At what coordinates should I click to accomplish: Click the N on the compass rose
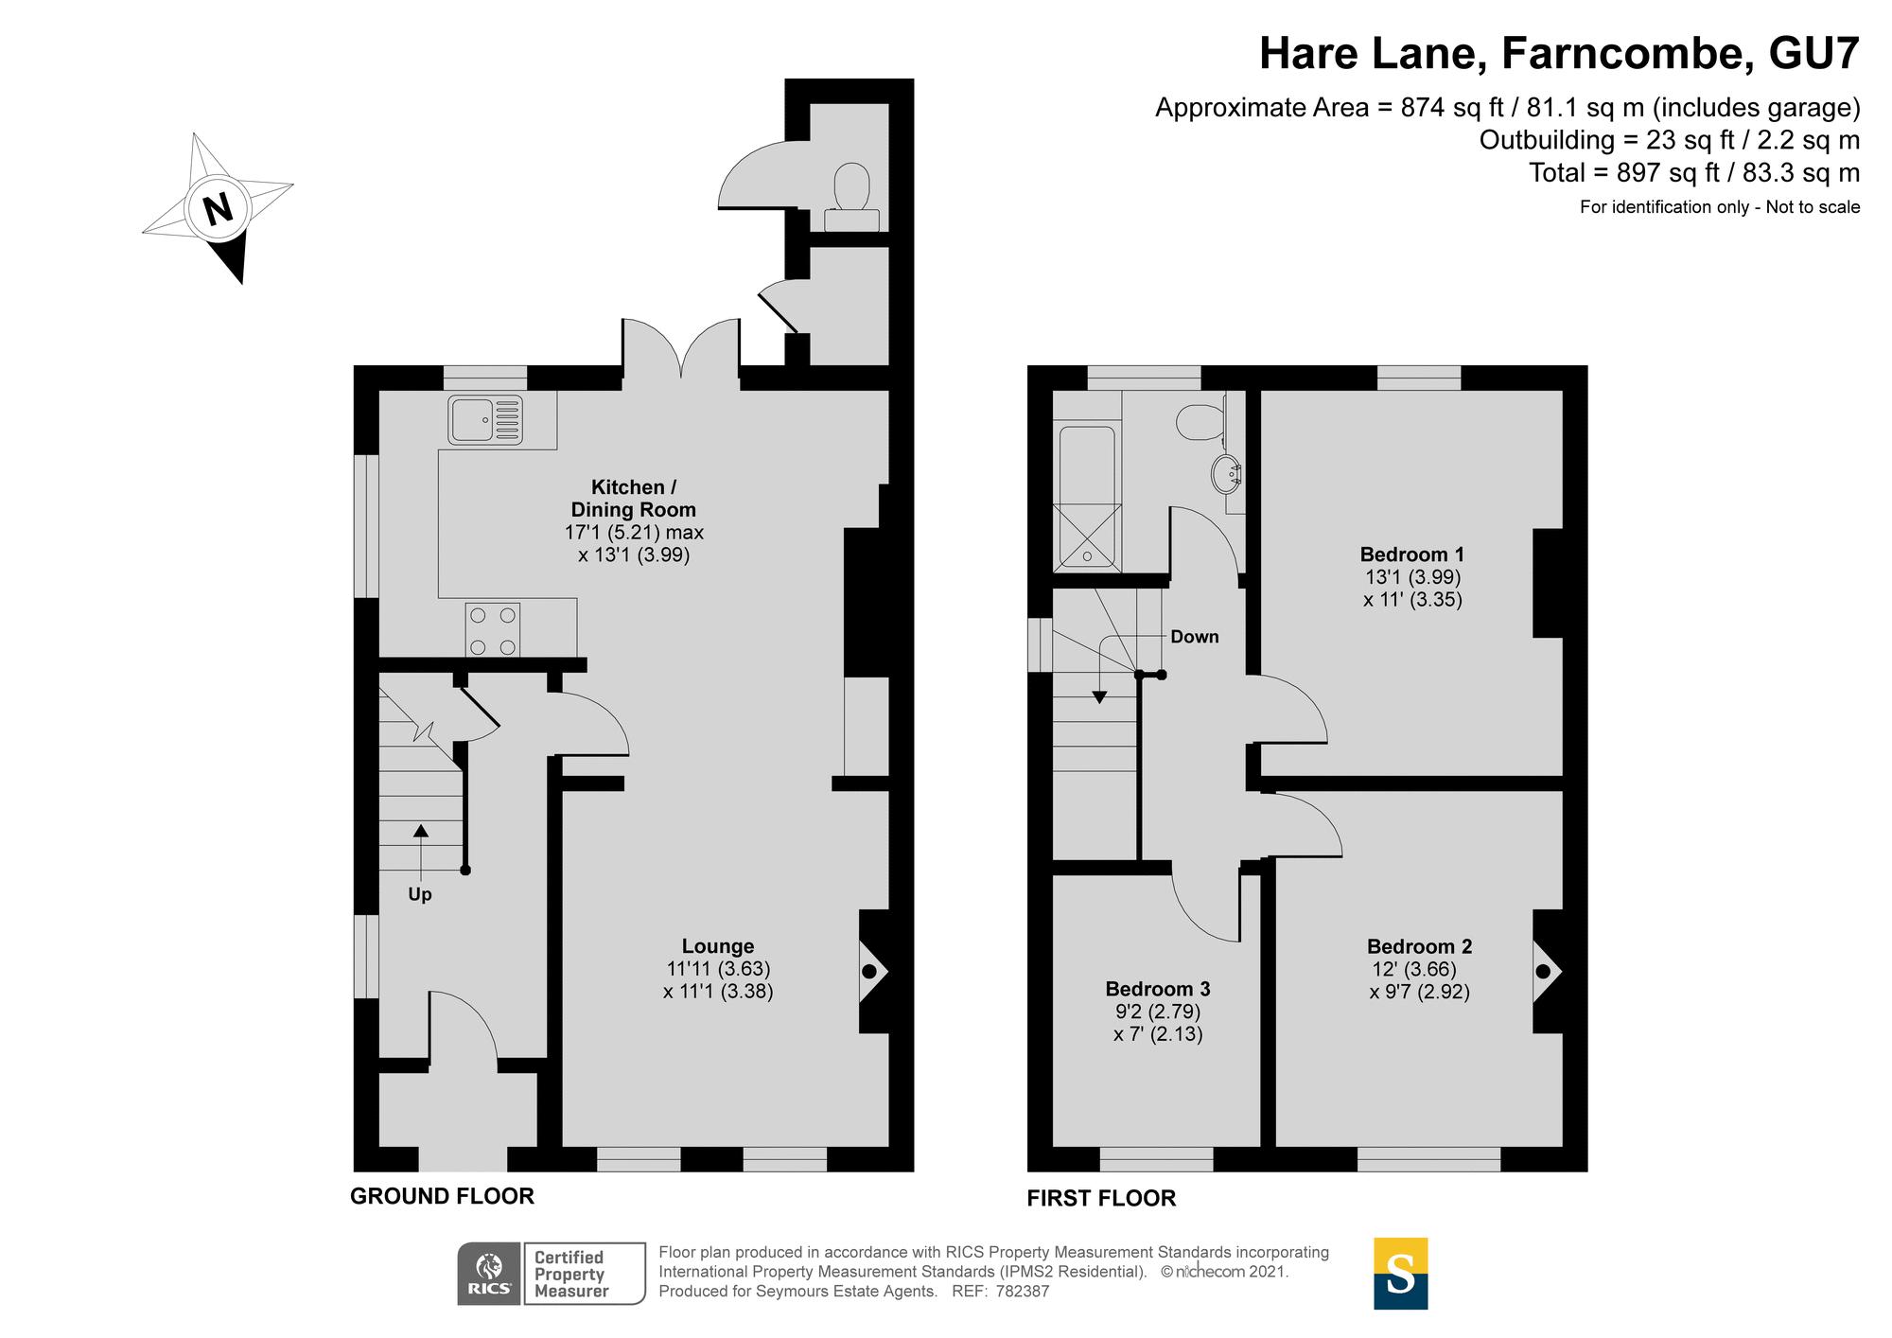(219, 208)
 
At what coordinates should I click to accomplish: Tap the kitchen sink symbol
(486, 419)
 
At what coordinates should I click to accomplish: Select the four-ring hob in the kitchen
(493, 629)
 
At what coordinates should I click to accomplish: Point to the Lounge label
(718, 946)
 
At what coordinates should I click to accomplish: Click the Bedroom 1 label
(1412, 555)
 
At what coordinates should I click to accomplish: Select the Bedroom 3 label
(1158, 989)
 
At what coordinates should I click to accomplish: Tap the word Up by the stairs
(420, 894)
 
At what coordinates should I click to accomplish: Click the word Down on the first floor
(1195, 637)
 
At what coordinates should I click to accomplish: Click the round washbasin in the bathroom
(1227, 473)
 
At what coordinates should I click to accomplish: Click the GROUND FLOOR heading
(442, 1196)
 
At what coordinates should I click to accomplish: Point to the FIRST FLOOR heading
(1101, 1198)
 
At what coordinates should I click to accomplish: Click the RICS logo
(489, 1274)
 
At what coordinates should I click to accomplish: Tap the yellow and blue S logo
(1400, 1274)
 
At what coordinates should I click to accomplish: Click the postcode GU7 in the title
(1813, 54)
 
